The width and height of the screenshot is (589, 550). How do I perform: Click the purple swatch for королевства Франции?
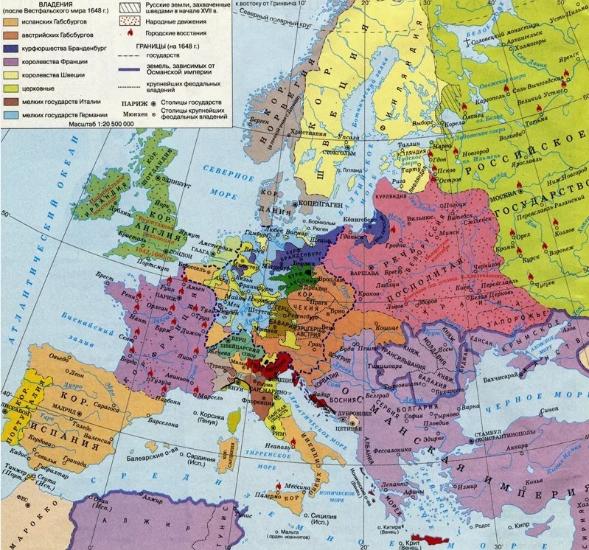pyautogui.click(x=10, y=62)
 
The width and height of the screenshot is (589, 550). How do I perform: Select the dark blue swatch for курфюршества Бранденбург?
pyautogui.click(x=10, y=49)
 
